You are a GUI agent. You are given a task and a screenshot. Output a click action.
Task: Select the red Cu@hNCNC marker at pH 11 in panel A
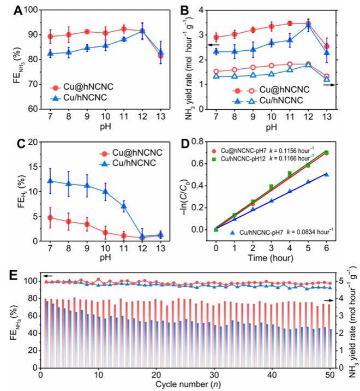point(124,29)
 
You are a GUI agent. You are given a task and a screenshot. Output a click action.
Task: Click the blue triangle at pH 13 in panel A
point(161,52)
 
